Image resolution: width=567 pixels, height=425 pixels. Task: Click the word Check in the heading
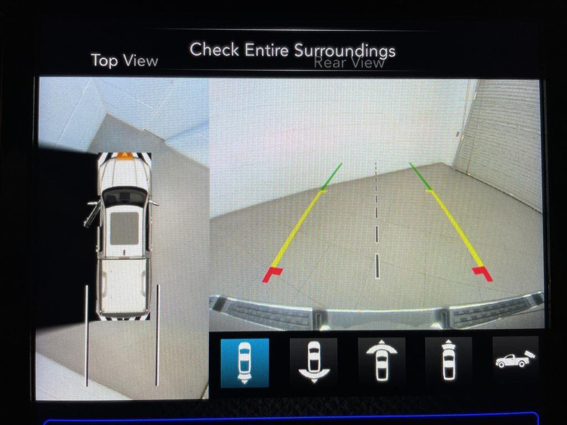214,49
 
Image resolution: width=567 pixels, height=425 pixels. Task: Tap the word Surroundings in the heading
344,51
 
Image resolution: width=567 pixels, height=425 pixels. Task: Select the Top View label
125,60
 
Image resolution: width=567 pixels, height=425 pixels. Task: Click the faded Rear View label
349,63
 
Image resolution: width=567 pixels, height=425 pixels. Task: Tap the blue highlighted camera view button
245,363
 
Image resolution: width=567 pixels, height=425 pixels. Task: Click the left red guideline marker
272,274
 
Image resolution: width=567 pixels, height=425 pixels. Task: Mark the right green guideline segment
420,176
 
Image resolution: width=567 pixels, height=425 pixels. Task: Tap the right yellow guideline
455,229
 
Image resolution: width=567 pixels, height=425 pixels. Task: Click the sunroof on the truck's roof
124,229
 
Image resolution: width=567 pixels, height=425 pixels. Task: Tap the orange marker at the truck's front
124,156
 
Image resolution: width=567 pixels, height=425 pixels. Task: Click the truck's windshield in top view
125,198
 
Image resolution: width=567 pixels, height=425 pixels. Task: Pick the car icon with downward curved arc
313,362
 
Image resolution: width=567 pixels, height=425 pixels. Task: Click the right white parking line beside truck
157,335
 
